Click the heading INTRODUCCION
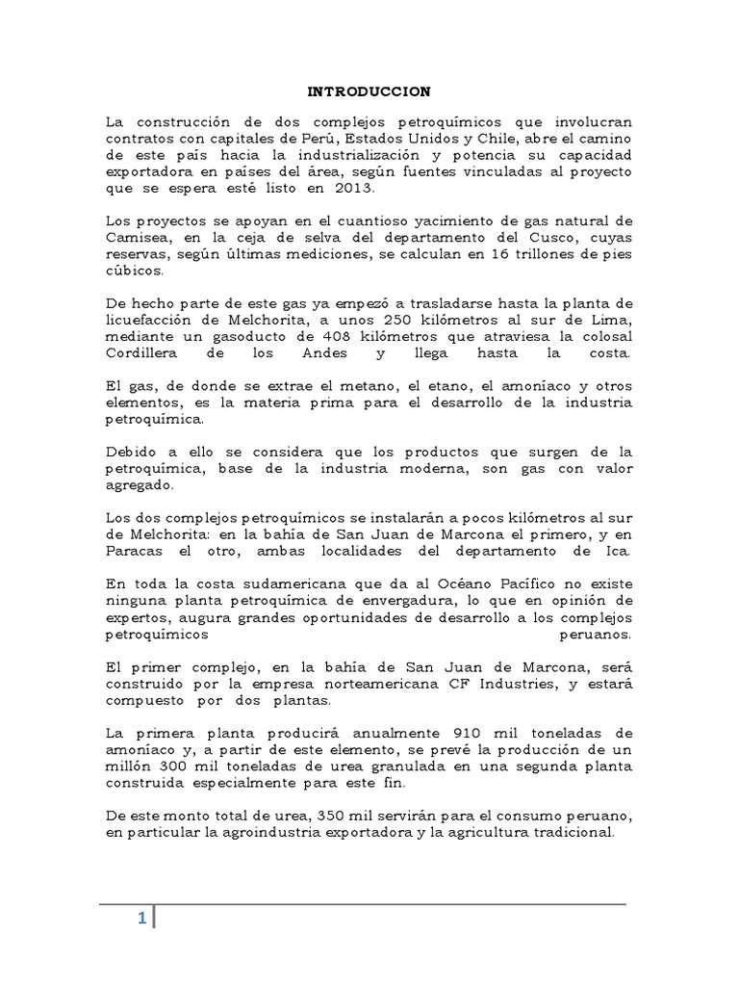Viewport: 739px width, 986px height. (x=369, y=91)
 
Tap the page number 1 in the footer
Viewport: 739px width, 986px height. (x=140, y=919)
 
